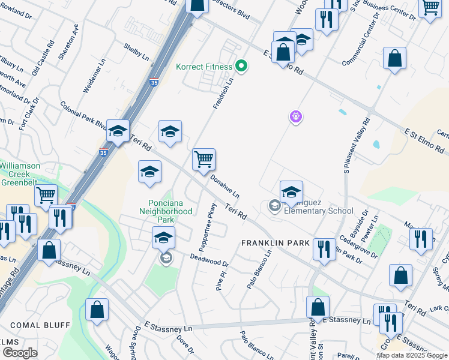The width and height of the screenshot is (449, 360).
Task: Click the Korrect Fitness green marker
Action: click(x=242, y=65)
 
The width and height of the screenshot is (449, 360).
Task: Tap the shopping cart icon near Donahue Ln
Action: click(x=203, y=160)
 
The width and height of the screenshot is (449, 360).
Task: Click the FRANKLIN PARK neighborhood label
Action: click(x=275, y=243)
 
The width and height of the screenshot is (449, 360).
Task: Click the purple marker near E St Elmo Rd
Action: click(x=295, y=117)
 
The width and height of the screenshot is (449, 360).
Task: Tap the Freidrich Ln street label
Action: click(x=223, y=92)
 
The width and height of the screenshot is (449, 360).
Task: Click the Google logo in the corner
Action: click(x=20, y=353)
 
